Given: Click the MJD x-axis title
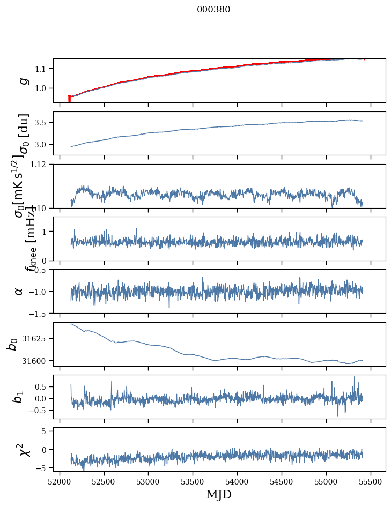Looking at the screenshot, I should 219,494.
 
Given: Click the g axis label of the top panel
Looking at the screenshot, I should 23,80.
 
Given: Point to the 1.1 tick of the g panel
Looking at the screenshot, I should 42,69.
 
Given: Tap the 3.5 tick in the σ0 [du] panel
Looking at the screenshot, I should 42,123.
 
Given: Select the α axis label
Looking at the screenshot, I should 19,291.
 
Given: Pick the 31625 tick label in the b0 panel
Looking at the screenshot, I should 36,339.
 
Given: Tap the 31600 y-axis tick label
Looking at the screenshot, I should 36,361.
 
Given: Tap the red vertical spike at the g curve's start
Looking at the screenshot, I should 69,99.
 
